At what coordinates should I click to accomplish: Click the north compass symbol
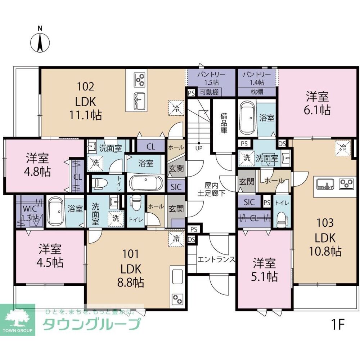pos(40,41)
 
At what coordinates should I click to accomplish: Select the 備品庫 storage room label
pos(224,123)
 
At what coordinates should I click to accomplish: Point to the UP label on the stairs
pos(199,148)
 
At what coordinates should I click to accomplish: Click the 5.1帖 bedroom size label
pos(265,276)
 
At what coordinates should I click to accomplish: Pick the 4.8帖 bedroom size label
pos(38,171)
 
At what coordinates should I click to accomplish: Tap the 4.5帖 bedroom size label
pos(51,262)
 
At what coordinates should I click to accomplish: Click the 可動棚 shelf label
pos(209,92)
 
